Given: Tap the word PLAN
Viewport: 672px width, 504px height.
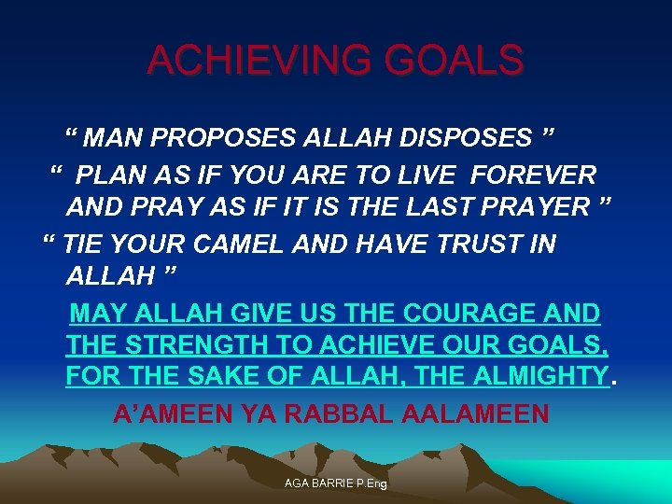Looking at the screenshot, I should pos(110,175).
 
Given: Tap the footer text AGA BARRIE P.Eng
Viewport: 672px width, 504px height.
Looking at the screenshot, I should pos(336,483).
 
